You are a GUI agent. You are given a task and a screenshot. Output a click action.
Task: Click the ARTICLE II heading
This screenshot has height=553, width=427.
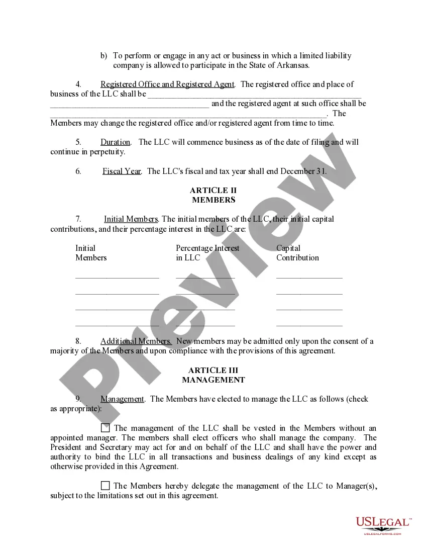coord(213,191)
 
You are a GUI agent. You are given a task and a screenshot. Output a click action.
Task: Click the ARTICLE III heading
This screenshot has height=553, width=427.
coord(213,371)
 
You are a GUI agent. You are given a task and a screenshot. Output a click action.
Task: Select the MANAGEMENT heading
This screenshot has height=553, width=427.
coord(213,380)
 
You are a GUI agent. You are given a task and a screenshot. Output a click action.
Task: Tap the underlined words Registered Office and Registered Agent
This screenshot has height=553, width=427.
coord(167,84)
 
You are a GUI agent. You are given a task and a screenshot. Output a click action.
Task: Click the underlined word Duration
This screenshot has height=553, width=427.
coord(115,142)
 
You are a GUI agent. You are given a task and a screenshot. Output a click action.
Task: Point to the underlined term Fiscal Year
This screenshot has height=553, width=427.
coord(122,171)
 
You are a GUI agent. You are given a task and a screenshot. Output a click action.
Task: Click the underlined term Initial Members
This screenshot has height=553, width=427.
coord(131,219)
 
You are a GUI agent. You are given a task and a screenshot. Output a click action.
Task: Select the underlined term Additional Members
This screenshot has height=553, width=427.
coord(136,341)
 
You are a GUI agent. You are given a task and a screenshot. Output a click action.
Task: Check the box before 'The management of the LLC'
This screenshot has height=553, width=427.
coord(105,428)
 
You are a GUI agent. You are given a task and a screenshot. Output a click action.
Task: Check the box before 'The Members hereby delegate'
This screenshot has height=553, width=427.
coord(105,486)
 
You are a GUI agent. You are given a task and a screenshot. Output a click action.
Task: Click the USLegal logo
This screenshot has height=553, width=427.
coord(383,525)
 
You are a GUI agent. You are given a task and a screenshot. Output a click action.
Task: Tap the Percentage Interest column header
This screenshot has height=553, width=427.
coord(207,253)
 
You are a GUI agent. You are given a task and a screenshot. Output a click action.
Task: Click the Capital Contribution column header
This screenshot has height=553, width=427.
coord(297,253)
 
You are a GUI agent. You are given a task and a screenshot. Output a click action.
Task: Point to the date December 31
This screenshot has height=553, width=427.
coord(303,171)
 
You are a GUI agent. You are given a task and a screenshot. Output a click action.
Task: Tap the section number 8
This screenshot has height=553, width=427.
coord(78,341)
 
